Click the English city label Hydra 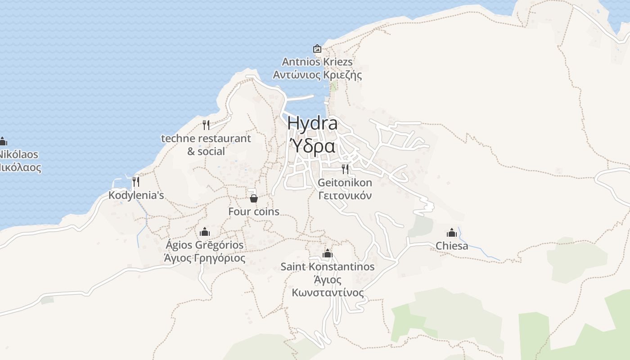[312, 123]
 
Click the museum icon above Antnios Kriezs [317, 49]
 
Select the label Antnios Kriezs [317, 62]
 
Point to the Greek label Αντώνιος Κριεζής [317, 75]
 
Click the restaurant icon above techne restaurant [206, 125]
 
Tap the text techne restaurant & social [206, 144]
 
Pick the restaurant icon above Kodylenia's [136, 182]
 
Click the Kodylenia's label [136, 195]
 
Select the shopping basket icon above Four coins [254, 198]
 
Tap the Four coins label [254, 211]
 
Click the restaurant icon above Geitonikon [345, 169]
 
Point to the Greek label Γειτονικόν [345, 196]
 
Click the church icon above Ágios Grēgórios [205, 232]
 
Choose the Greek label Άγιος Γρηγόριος [205, 258]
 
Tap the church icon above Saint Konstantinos [328, 253]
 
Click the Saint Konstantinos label [328, 267]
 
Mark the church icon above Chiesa [452, 233]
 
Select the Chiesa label [452, 246]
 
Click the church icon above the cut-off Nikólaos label [3, 141]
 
